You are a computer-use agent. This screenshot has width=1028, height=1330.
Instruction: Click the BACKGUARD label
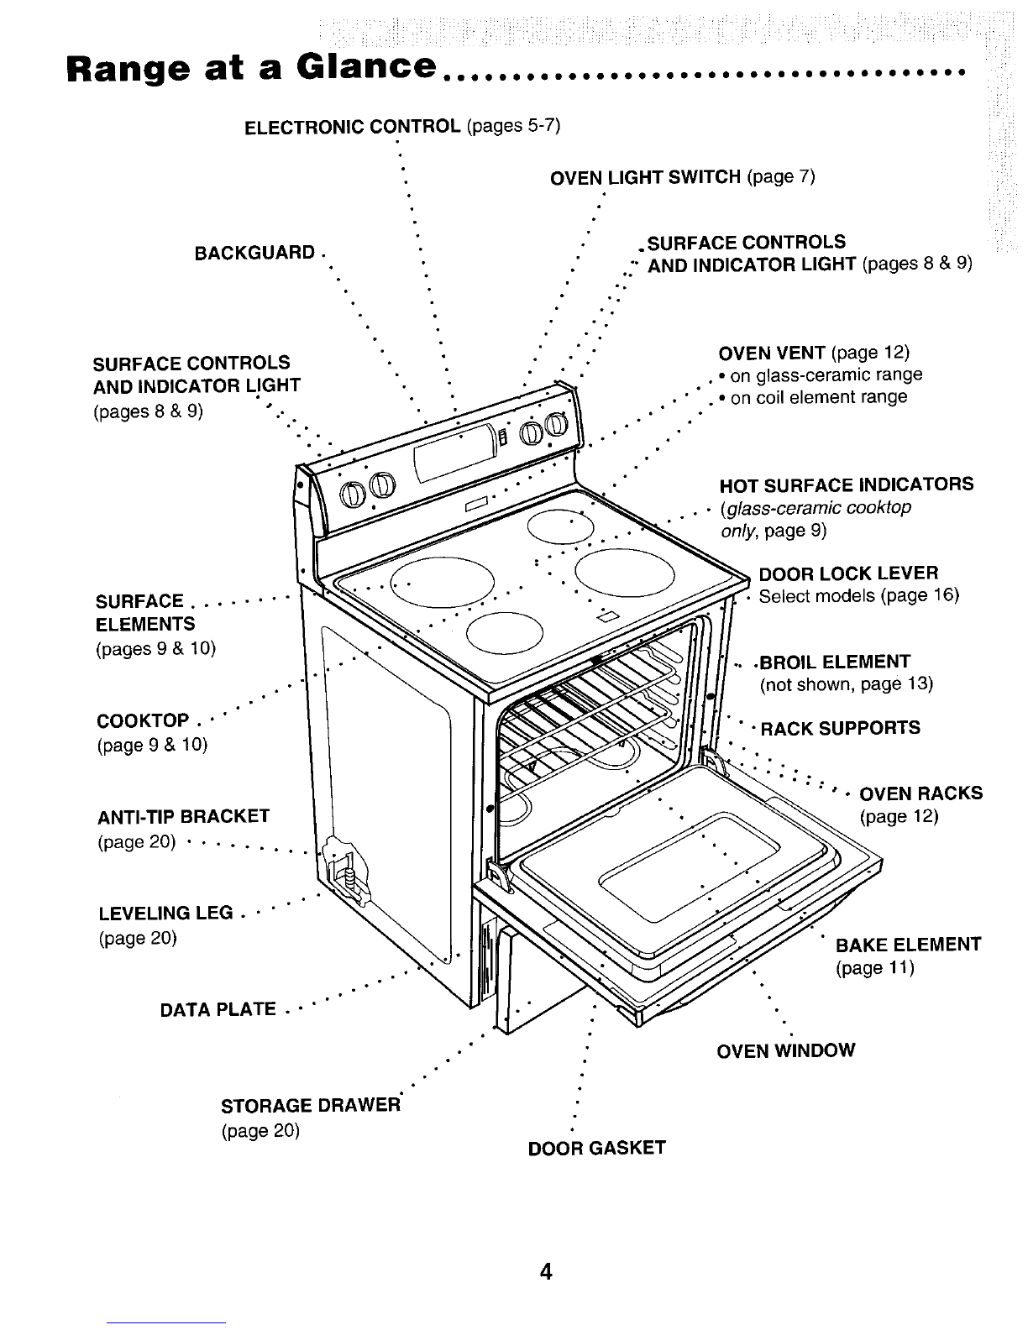point(254,253)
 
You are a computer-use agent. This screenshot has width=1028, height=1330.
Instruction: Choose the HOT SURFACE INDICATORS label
point(847,484)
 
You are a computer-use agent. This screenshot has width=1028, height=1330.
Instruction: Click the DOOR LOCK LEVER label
point(848,574)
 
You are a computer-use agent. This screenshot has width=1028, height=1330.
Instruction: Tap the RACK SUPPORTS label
point(840,728)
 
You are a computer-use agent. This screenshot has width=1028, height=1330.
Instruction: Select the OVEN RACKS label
point(921,793)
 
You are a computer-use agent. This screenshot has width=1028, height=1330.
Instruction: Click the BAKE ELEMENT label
point(908,945)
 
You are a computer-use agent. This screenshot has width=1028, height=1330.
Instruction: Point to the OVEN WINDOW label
point(785,1050)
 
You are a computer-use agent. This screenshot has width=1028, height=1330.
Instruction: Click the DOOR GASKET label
point(596,1148)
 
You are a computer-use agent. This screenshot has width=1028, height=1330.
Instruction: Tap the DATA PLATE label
point(218,1009)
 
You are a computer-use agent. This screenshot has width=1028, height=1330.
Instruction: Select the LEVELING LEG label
point(165,913)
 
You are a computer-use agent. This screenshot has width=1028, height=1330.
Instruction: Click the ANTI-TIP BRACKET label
point(183,816)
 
